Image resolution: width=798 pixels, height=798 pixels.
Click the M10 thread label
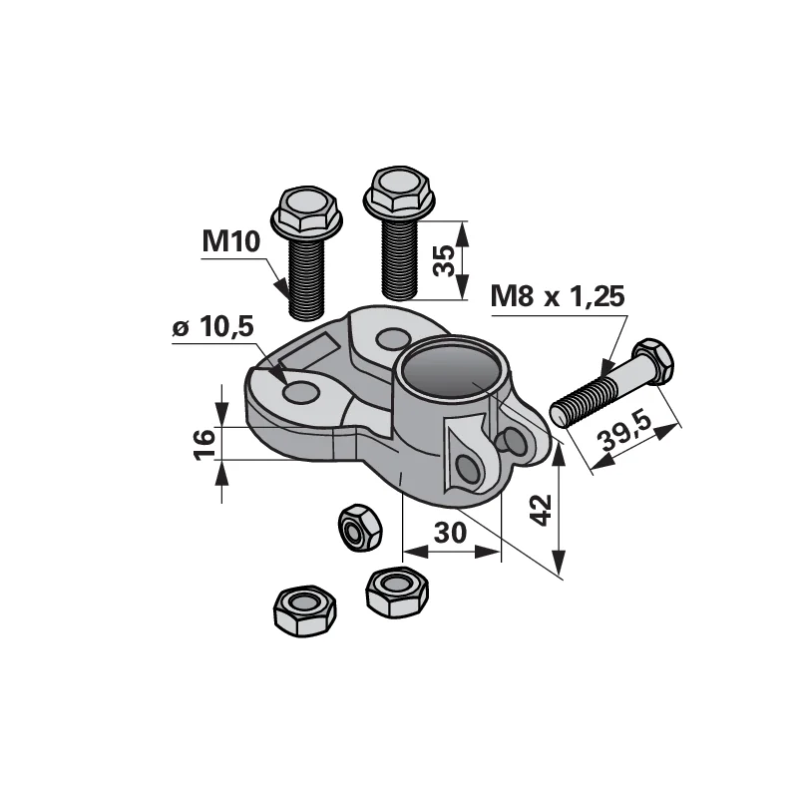tap(231, 241)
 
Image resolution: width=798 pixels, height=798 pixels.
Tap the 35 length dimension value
tap(445, 260)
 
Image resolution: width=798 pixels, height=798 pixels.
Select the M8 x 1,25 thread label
tap(558, 296)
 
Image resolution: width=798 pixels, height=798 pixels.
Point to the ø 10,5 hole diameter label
tap(212, 327)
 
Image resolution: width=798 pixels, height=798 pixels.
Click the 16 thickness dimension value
tap(205, 444)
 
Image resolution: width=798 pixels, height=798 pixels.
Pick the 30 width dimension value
tap(451, 533)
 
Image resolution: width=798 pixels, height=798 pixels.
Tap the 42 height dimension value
tap(541, 510)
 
